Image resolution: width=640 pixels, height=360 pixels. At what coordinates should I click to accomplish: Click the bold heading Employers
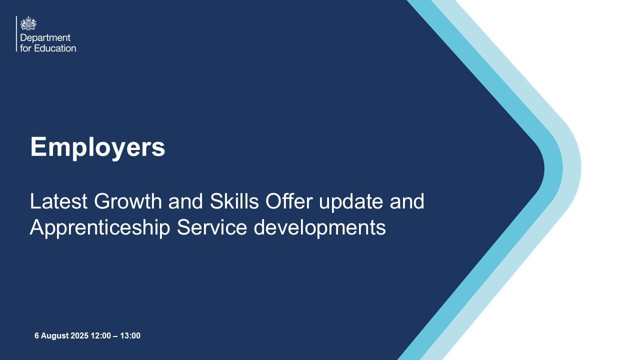click(97, 147)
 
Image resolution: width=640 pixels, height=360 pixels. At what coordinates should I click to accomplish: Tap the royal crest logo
click(28, 23)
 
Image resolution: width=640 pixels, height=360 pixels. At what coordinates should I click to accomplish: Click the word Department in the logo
click(45, 38)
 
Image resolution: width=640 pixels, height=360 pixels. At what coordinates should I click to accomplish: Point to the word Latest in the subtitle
click(58, 201)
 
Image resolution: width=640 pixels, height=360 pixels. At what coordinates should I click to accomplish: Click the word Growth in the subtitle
click(127, 201)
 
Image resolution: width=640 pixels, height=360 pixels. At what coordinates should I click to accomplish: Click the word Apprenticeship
click(99, 227)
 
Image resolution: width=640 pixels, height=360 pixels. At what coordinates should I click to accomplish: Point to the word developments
click(320, 228)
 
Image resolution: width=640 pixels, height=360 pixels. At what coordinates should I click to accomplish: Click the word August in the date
click(54, 336)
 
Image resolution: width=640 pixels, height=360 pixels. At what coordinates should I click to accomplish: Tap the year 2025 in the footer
click(79, 336)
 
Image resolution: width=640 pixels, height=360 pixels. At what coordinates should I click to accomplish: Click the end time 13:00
click(130, 336)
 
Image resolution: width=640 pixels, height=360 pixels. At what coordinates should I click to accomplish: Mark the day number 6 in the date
click(36, 336)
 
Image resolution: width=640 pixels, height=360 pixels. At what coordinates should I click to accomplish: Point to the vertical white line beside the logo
click(16, 33)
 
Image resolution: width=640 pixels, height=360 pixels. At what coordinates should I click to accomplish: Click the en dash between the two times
click(115, 336)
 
